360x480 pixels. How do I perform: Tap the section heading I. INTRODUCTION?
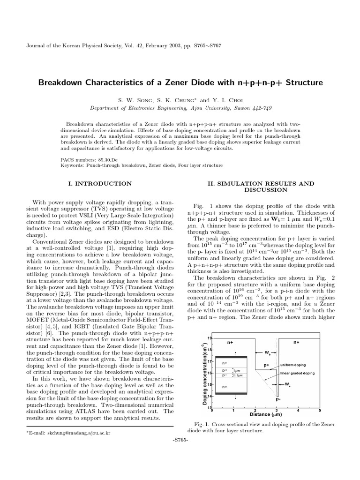(x=100, y=184)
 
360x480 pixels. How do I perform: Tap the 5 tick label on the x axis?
(x=320, y=410)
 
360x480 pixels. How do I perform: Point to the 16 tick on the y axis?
(x=210, y=373)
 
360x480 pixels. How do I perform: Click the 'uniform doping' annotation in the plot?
(x=293, y=364)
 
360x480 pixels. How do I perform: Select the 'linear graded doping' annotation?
(x=298, y=373)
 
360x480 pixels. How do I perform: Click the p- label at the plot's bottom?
(x=278, y=399)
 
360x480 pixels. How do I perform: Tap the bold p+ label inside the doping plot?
(x=266, y=364)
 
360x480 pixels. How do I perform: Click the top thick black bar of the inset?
(x=231, y=357)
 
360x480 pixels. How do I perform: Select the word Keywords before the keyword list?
(x=72, y=165)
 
